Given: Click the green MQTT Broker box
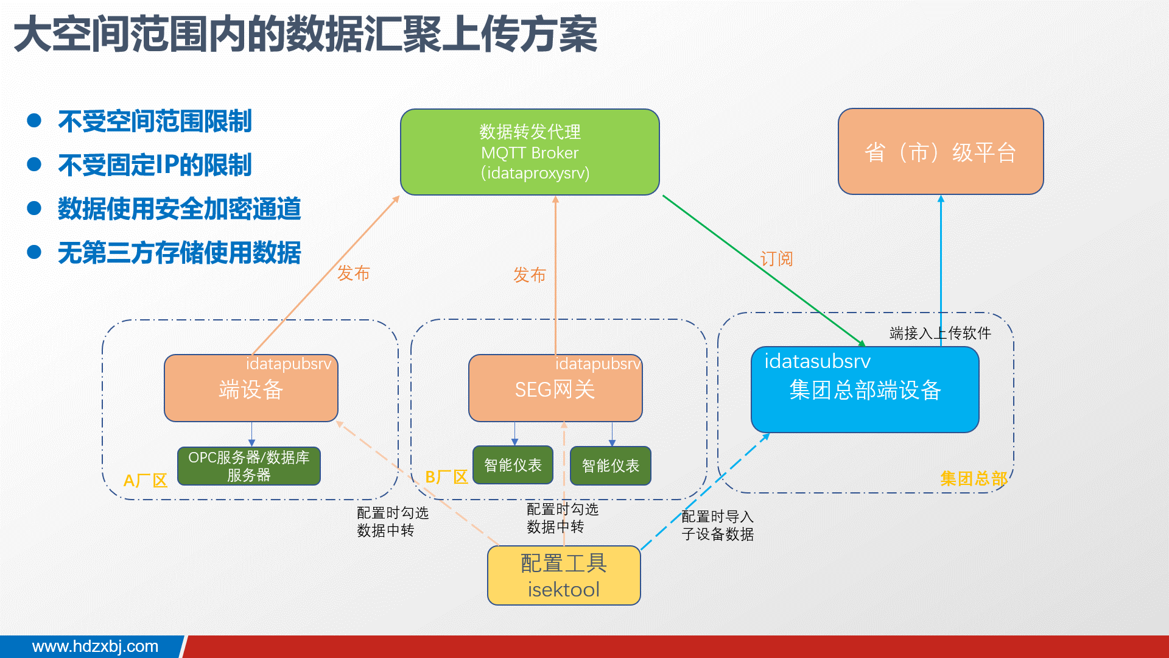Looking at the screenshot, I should tap(530, 152).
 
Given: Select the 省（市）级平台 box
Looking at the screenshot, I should tap(941, 152).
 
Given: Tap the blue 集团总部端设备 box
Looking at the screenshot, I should tap(865, 390).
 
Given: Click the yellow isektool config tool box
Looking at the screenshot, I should tap(564, 576).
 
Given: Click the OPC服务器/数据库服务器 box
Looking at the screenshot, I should tap(248, 466).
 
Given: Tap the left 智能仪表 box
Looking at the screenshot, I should tap(513, 465).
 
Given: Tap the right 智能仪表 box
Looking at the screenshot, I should tap(610, 466).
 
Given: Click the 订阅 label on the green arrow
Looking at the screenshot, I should tap(776, 259).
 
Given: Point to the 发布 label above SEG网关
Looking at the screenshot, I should tap(529, 275).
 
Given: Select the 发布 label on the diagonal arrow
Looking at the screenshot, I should tap(353, 273).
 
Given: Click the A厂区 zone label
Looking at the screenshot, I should tap(145, 481).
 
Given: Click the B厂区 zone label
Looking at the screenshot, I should tap(446, 477).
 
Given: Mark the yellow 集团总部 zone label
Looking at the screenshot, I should tap(973, 479).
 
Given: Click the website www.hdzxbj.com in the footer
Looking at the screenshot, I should tap(95, 646).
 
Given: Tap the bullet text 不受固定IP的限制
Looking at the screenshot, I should tap(155, 165).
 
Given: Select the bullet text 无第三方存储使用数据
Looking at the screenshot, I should tap(179, 253).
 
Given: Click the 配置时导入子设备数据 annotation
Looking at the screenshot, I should tap(717, 525).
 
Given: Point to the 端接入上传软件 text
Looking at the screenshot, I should tap(939, 333).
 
